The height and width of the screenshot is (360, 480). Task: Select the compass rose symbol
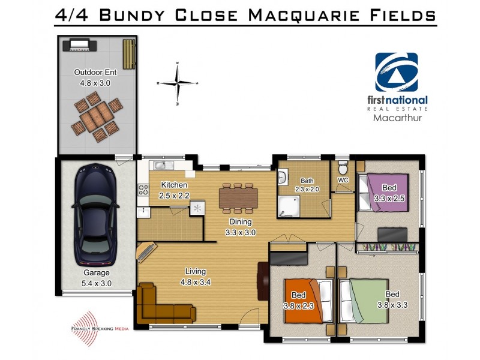178,83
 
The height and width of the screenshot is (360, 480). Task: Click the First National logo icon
396,73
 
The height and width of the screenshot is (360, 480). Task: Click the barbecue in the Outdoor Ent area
80,44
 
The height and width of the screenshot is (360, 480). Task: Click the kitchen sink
163,166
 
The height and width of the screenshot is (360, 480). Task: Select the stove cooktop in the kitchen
143,190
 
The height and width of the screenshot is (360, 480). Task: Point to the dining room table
238,197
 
